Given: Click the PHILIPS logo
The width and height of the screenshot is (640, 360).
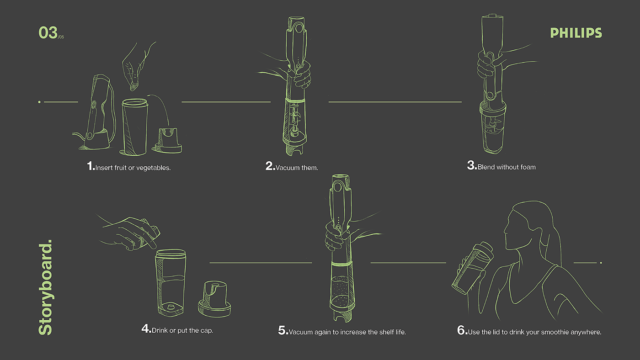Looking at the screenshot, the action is pyautogui.click(x=576, y=33).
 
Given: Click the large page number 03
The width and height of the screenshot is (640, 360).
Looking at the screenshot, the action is pyautogui.click(x=48, y=32).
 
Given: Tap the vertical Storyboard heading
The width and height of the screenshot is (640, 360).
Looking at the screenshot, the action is pyautogui.click(x=45, y=287).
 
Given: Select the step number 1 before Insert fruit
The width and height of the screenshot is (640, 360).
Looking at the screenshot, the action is pyautogui.click(x=91, y=166).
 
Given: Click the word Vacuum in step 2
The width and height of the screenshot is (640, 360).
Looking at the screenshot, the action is pyautogui.click(x=287, y=168).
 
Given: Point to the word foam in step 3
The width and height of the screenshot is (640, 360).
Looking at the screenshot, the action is pyautogui.click(x=528, y=167).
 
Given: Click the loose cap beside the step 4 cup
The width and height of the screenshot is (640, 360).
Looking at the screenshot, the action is pyautogui.click(x=214, y=300).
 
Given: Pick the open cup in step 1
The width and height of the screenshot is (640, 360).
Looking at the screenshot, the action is pyautogui.click(x=134, y=127).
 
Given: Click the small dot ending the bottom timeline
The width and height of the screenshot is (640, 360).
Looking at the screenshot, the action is pyautogui.click(x=601, y=263).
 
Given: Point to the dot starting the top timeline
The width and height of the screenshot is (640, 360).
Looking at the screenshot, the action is pyautogui.click(x=39, y=102).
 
